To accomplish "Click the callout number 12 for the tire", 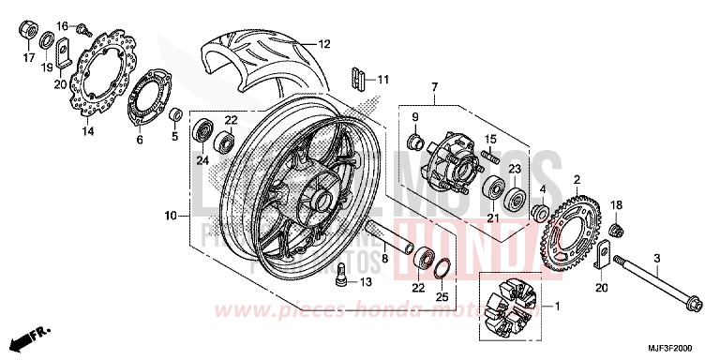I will (323, 44).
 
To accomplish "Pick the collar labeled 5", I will (174, 115).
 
